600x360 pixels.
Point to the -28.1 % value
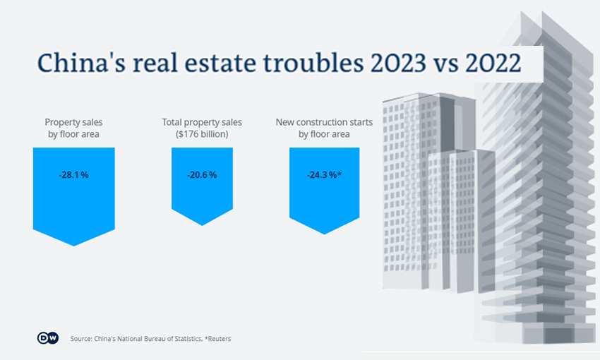click(73, 175)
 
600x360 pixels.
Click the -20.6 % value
click(202, 175)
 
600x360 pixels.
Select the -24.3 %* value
click(324, 175)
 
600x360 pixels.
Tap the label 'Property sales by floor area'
click(73, 128)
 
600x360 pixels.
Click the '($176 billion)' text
click(202, 134)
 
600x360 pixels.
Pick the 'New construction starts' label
click(324, 122)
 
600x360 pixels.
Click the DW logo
click(47, 338)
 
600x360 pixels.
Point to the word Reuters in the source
click(219, 339)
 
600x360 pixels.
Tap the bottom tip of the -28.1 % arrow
click(73, 245)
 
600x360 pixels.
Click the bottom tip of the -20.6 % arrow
click(203, 224)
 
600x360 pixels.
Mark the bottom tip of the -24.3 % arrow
click(324, 234)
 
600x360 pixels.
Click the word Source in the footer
click(81, 339)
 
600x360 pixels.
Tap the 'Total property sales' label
click(202, 122)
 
